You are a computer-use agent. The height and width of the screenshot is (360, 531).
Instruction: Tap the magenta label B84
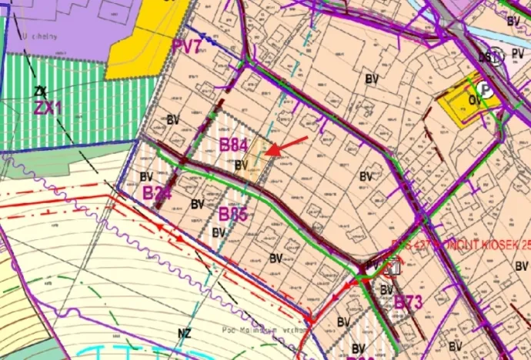click(232, 145)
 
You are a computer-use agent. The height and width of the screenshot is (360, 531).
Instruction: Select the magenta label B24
click(156, 192)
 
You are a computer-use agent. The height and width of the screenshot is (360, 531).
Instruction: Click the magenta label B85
click(232, 213)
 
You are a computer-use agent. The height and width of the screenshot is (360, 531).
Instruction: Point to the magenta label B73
click(409, 302)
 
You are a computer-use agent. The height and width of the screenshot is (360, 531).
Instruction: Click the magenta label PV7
click(187, 47)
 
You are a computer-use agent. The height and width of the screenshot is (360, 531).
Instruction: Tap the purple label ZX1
click(47, 108)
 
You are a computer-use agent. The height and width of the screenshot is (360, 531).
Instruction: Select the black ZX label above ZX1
click(39, 92)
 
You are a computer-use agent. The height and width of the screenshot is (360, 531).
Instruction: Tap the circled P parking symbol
click(486, 79)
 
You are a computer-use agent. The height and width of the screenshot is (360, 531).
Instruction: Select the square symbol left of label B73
click(392, 268)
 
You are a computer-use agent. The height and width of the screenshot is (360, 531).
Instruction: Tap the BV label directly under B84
click(241, 164)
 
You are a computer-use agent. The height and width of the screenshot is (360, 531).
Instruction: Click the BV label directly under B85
click(219, 232)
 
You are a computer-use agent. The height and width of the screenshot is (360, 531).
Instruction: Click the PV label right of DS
click(517, 55)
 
